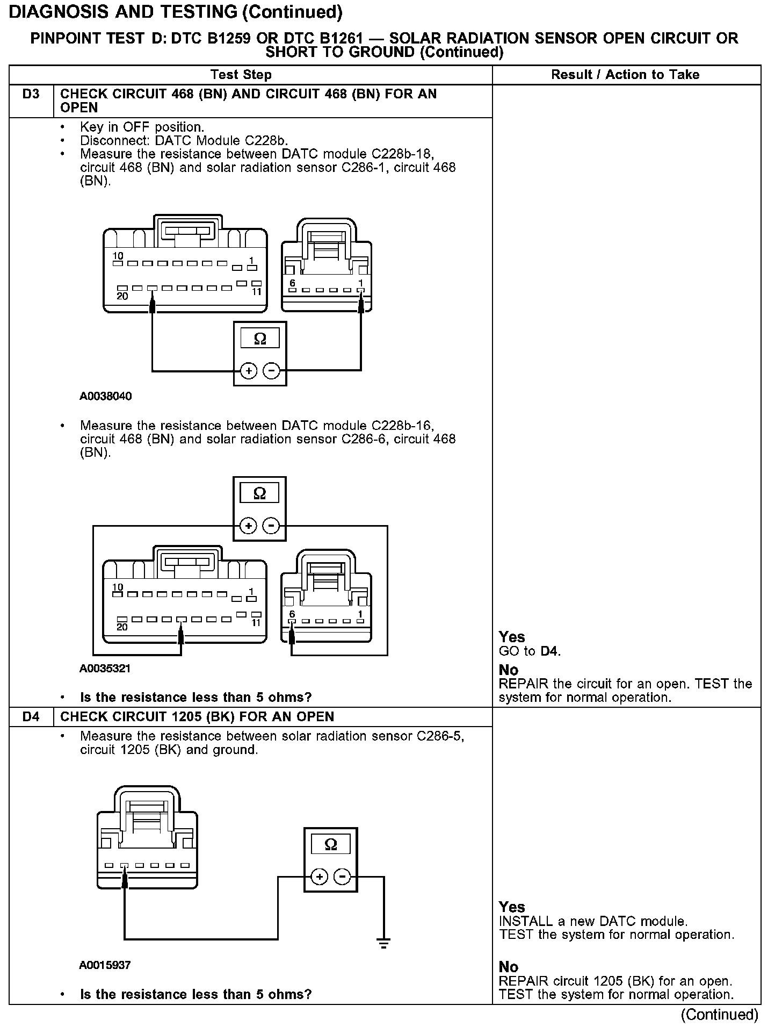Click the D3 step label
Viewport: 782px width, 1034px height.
point(31,95)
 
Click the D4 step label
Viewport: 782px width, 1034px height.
point(31,717)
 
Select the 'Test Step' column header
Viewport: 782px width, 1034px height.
point(241,75)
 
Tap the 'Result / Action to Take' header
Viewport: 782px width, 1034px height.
point(625,75)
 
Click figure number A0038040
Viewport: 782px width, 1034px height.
point(106,397)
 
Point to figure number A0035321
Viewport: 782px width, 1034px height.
point(105,669)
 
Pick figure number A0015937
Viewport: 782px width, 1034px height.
point(105,965)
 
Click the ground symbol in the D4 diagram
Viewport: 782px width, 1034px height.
point(383,943)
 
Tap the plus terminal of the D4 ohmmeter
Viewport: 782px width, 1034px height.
point(320,877)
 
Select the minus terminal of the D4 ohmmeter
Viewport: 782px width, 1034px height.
point(342,877)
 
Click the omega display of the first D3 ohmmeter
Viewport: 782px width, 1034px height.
point(260,339)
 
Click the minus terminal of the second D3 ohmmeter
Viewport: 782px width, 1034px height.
point(272,526)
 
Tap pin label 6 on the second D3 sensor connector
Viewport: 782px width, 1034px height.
point(292,614)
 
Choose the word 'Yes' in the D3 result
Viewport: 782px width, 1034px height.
point(512,637)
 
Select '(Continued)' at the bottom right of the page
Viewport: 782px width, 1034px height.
point(720,1015)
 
